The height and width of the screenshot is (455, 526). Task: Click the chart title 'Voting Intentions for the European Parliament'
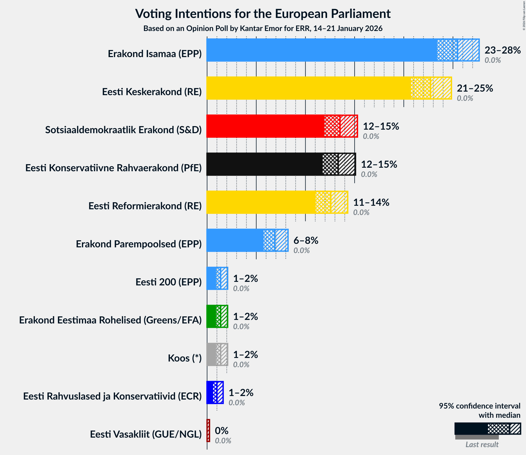point(263,14)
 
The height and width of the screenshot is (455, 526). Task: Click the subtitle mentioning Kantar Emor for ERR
point(263,29)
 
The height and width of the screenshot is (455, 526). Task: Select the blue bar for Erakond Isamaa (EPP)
point(321,50)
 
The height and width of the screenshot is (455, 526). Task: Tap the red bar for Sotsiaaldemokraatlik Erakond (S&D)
point(265,126)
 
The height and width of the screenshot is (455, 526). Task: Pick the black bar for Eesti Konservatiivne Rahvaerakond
point(264,164)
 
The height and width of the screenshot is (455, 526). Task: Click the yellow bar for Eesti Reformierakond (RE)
point(261,202)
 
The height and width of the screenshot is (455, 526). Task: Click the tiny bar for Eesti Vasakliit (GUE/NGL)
point(208,431)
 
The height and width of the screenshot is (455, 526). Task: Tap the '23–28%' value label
point(502,50)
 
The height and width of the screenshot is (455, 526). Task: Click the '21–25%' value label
point(475,88)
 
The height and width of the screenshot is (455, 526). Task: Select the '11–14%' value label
point(371,202)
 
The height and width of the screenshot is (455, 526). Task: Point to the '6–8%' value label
point(306,241)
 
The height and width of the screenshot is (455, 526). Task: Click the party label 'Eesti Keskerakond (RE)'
point(152,92)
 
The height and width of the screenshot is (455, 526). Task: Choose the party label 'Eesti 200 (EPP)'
point(168,282)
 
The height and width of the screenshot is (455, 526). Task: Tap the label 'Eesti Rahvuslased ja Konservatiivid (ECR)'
point(112,396)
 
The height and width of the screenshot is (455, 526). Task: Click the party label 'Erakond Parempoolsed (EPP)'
point(139,244)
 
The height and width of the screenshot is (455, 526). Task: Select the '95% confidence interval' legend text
point(479,406)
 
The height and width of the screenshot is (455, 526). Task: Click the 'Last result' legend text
point(482,444)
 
